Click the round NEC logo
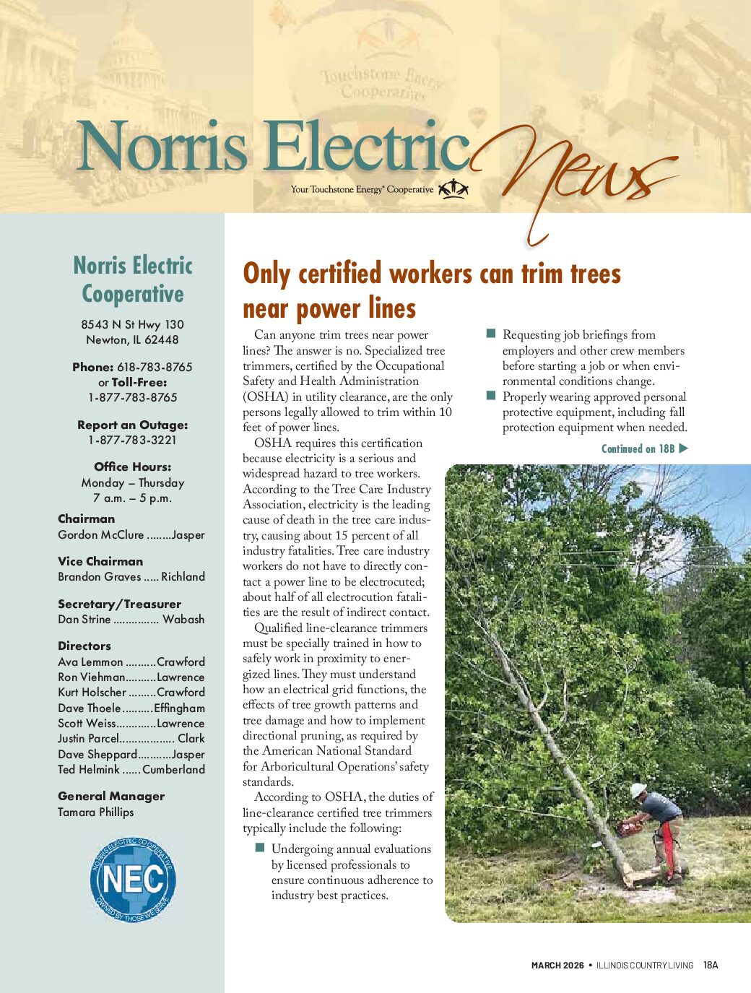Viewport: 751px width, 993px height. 134,880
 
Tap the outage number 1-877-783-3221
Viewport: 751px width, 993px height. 132,440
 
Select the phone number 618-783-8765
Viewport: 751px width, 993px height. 155,367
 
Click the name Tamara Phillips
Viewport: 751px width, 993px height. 96,812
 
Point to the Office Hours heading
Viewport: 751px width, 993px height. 133,467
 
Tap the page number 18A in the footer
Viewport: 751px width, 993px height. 711,965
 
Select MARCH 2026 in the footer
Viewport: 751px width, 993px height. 557,965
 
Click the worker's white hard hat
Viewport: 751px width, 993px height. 638,790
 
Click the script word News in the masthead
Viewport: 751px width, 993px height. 578,170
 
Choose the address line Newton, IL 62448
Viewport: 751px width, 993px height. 132,339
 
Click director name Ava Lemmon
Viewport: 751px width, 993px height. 90,662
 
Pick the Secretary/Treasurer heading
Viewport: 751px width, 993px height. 119,604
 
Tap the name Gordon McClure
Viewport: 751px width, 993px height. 101,534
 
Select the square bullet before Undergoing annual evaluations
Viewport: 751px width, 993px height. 260,848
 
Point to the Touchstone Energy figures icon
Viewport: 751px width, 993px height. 453,189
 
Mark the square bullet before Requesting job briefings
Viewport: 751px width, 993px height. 491,334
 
